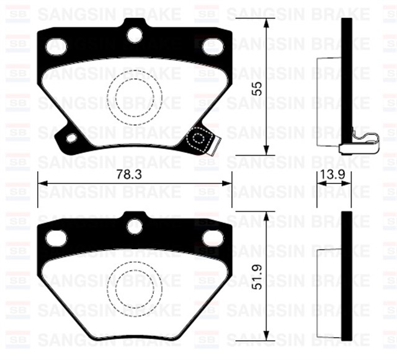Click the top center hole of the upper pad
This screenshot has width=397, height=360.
pyautogui.click(x=135, y=35)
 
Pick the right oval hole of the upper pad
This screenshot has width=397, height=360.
pyautogui.click(x=212, y=46)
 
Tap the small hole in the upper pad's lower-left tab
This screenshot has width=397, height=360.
pyautogui.click(x=71, y=138)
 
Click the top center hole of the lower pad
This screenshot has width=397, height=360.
pyautogui.click(x=135, y=226)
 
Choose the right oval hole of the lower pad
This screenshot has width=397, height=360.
pyautogui.click(x=212, y=237)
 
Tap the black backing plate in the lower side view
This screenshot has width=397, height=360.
pyautogui.click(x=347, y=279)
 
